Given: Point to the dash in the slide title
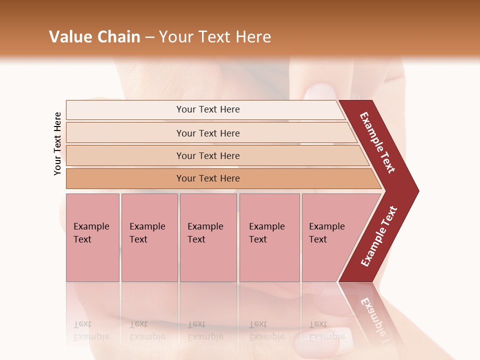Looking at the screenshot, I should point(149,37).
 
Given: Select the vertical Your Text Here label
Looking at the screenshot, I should point(57,144).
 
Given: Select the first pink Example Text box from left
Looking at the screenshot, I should point(92,237).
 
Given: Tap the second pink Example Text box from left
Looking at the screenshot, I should point(149,237).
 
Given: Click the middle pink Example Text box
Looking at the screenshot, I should point(208,237).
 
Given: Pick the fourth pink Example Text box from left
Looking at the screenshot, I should point(269,237).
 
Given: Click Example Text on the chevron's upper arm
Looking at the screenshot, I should point(377,142).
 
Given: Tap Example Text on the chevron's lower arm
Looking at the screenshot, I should point(379,236).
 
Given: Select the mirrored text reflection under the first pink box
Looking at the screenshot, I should point(91,330).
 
